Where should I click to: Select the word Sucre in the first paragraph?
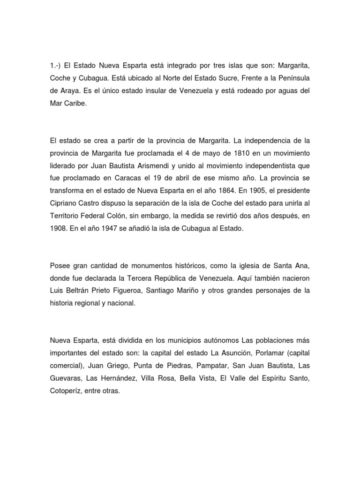click(236, 77)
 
